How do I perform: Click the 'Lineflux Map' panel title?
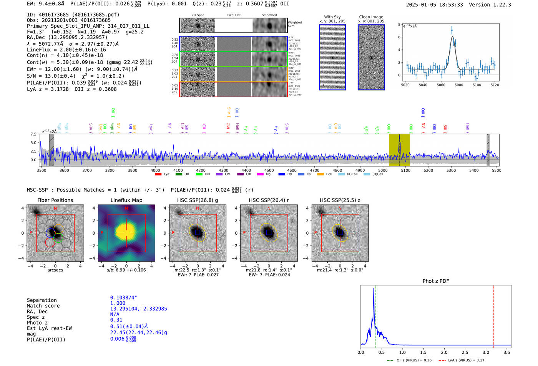tap(126, 200)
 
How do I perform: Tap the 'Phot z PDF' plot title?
tap(435, 281)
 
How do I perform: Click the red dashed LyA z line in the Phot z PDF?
tap(493, 315)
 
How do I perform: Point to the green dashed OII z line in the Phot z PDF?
tap(376, 315)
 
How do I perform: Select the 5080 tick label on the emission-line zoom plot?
tap(459, 85)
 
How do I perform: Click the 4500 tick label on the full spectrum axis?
tap(269, 170)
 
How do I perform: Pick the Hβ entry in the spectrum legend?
tap(286, 174)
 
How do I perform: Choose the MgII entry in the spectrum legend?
tap(265, 174)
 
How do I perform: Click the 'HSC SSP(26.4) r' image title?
tap(269, 200)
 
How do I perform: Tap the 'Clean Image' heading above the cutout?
tap(371, 17)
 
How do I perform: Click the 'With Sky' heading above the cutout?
tap(332, 17)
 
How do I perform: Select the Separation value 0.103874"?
tap(123, 298)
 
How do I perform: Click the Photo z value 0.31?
tap(116, 320)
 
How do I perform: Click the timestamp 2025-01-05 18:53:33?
tap(434, 5)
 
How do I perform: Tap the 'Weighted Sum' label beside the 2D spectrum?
tap(294, 24)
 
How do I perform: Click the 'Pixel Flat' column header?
tap(234, 15)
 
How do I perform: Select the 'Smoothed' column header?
tap(269, 15)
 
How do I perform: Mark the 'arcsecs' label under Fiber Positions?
tap(55, 270)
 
